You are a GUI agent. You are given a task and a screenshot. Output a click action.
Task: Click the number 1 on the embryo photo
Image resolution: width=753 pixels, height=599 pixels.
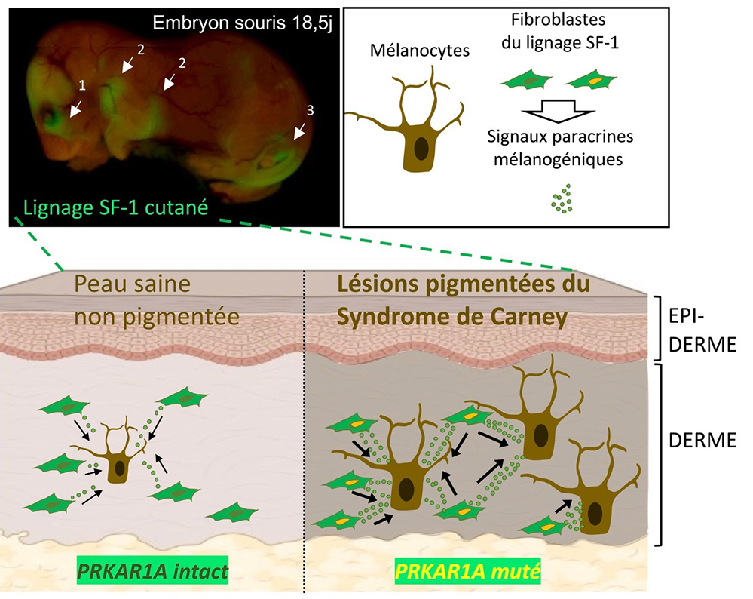coord(84,83)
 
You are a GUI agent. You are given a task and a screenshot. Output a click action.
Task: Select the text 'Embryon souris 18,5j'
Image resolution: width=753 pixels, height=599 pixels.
coord(243,21)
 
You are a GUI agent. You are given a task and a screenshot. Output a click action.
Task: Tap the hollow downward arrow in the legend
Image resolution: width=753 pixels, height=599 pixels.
coord(559,112)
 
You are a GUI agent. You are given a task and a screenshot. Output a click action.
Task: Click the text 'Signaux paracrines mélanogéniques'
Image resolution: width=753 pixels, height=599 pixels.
coord(559,147)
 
